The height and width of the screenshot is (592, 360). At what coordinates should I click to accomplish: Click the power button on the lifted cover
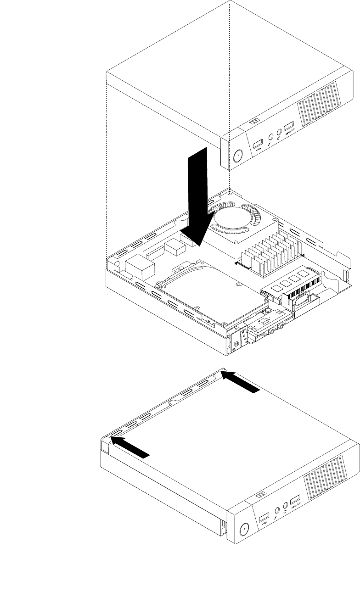coord(237,156)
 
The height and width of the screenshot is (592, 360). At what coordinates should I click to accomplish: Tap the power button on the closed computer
coord(244,528)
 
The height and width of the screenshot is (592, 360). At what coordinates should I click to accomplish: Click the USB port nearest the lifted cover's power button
coord(258,143)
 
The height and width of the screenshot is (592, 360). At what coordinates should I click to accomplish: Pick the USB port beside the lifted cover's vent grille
coord(288,126)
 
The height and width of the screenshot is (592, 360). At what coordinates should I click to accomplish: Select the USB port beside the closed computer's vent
coord(295,499)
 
